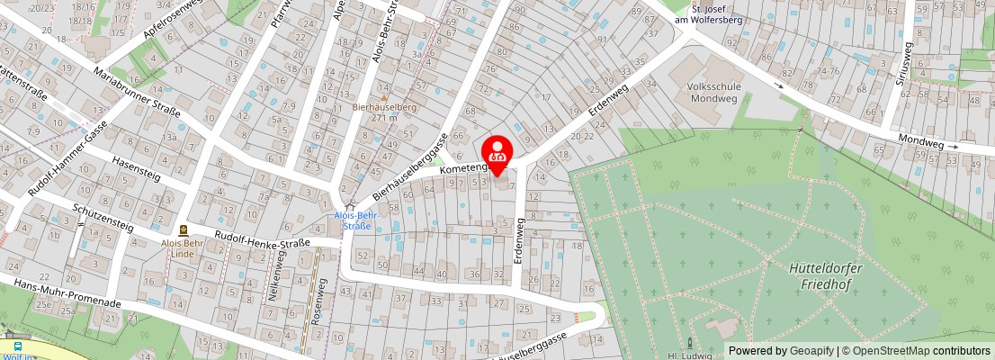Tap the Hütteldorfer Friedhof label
pyautogui.click(x=820, y=275)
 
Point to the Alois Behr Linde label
pyautogui.click(x=184, y=247)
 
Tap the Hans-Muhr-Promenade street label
pyautogui.click(x=61, y=293)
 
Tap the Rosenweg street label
pyautogui.click(x=318, y=301)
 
